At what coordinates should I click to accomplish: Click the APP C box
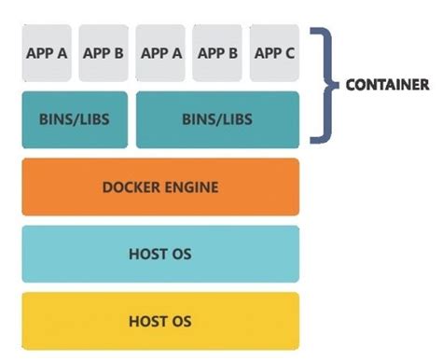[x=274, y=53]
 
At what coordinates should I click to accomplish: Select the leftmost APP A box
[x=48, y=53]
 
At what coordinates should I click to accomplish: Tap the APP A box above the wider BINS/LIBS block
[x=161, y=53]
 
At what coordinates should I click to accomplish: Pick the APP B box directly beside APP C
[x=218, y=53]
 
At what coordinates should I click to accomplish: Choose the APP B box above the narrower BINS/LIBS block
[x=104, y=53]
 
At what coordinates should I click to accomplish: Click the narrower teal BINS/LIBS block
[x=76, y=119]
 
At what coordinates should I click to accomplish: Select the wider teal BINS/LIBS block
[x=217, y=119]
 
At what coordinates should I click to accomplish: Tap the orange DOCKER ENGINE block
[x=160, y=187]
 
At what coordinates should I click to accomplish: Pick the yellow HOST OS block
[x=160, y=321]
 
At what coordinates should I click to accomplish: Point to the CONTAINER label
[x=387, y=84]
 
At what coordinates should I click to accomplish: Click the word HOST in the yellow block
[x=148, y=322]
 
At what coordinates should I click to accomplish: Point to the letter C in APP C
[x=290, y=53]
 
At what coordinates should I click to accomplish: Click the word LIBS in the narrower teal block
[x=93, y=120]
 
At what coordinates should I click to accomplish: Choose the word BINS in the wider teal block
[x=199, y=120]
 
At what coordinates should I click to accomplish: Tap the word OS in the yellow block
[x=181, y=322]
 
